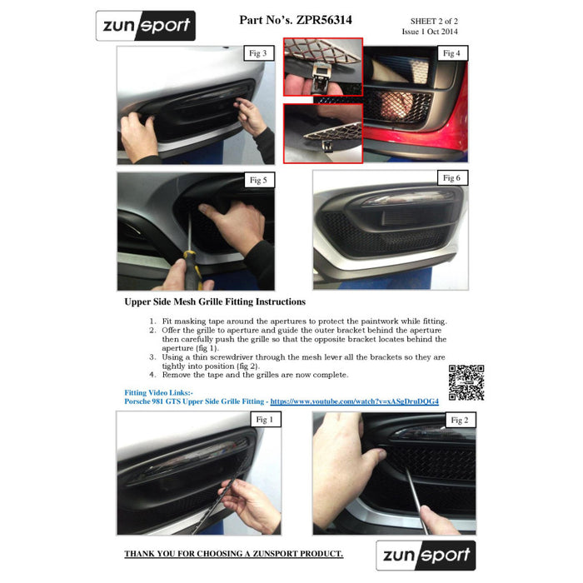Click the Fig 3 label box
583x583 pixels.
click(259, 53)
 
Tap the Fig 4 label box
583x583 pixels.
click(452, 53)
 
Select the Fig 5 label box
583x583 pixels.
click(259, 180)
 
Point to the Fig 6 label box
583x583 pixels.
click(452, 178)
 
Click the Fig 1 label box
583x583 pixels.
click(265, 420)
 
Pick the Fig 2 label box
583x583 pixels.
click(460, 420)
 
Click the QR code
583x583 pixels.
click(466, 382)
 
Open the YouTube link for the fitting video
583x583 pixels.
click(354, 401)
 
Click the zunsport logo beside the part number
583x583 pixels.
click(146, 26)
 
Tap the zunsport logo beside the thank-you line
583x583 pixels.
click(426, 556)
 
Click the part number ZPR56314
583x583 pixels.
click(324, 20)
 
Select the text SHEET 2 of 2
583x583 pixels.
click(434, 21)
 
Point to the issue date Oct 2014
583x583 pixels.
click(442, 32)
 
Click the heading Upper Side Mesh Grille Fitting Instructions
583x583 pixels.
click(215, 301)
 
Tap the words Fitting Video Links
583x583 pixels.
click(159, 392)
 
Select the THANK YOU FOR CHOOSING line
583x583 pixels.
click(233, 554)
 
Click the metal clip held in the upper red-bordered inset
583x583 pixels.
click(321, 77)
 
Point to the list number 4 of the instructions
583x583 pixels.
click(152, 375)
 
